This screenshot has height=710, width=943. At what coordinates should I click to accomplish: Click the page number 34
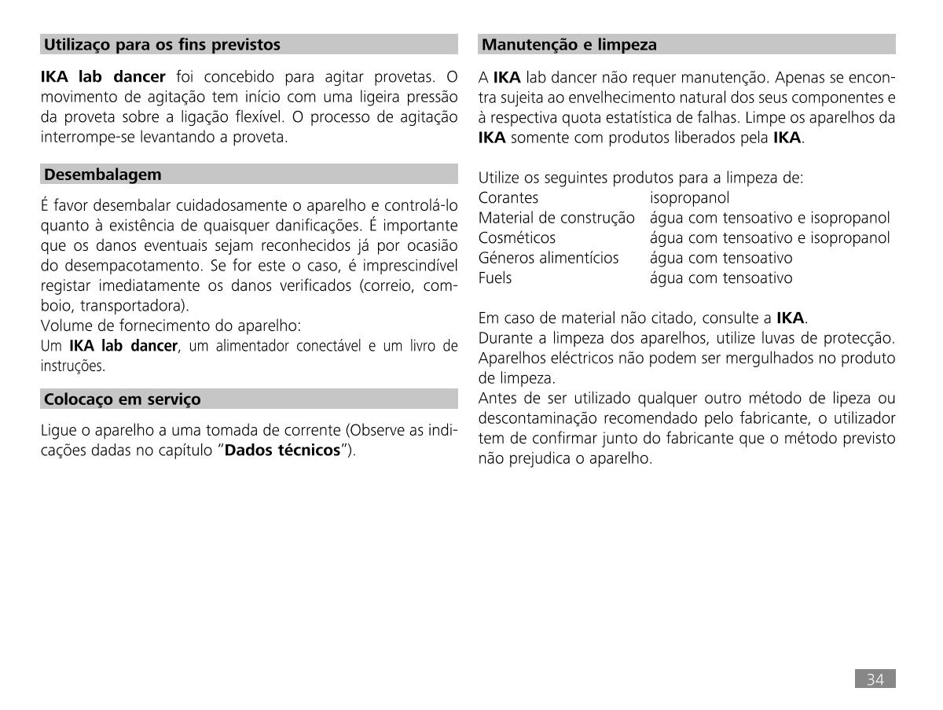point(875,679)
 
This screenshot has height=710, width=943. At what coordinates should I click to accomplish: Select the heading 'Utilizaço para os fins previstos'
point(162,45)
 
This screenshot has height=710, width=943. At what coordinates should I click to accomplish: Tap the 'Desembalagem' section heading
point(103,175)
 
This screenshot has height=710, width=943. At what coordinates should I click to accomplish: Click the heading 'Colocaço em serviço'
point(123,399)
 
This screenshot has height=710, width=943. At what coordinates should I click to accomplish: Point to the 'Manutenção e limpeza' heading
point(569,45)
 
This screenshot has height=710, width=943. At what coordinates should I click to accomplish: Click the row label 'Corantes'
point(508,198)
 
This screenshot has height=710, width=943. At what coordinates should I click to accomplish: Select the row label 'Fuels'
point(495,278)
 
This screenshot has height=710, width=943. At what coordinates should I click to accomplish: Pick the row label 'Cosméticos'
point(517,237)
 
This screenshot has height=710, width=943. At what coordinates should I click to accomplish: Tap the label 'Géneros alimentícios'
point(549,258)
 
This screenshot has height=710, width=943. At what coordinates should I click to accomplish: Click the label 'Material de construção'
point(556,218)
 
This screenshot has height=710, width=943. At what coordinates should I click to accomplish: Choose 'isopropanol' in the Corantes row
point(689,198)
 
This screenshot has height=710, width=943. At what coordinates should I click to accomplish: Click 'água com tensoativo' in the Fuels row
point(721,278)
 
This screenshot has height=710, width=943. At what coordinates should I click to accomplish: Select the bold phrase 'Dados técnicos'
point(283,451)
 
